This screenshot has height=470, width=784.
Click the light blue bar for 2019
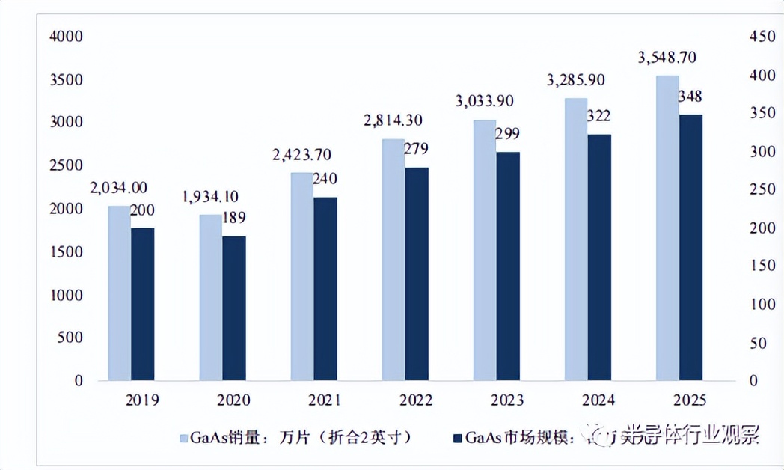tap(120, 293)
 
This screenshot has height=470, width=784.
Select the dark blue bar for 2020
tap(233, 308)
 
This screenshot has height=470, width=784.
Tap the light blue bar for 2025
tap(667, 228)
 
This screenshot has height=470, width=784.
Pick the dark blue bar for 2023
tap(507, 266)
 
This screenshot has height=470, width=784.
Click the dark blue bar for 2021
tap(325, 288)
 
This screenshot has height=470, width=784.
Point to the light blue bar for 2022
tap(393, 259)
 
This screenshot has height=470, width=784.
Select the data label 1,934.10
tap(210, 197)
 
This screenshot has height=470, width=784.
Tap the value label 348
tap(690, 97)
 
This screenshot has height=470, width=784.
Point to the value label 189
tap(234, 219)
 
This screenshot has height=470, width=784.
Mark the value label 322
tap(598, 116)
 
